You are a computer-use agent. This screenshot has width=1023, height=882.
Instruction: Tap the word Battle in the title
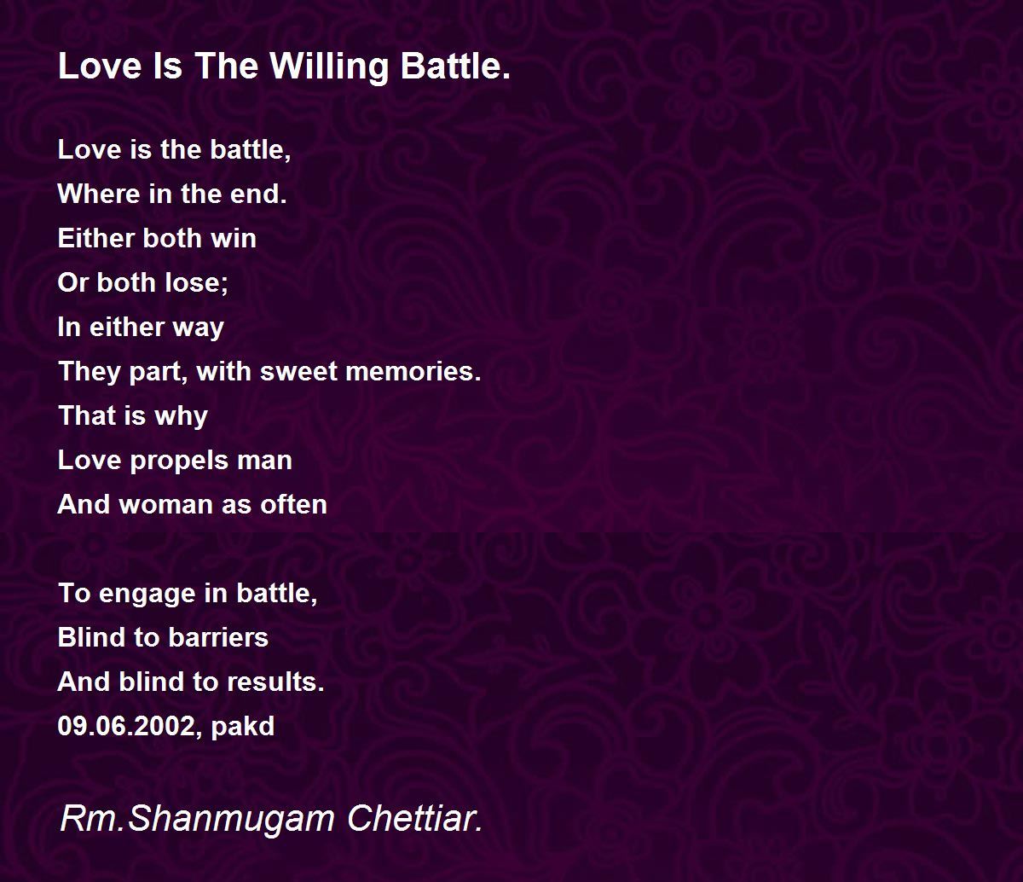(x=455, y=66)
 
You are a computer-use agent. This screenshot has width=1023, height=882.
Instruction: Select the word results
(x=275, y=682)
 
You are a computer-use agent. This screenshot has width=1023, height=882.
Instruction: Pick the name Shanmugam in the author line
(x=231, y=820)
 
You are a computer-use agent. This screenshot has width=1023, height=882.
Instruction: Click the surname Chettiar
(x=415, y=818)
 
